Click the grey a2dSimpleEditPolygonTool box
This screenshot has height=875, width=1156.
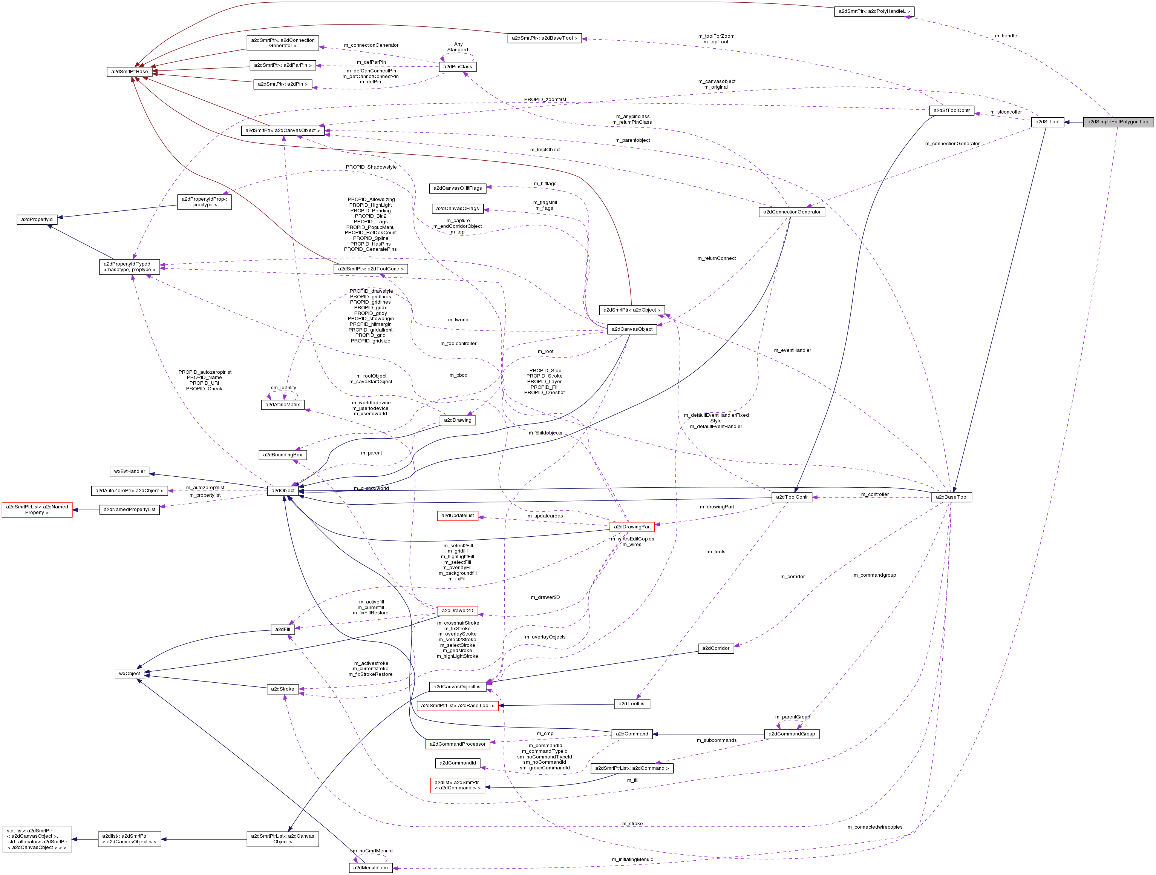(1118, 122)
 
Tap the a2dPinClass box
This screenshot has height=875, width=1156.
(457, 67)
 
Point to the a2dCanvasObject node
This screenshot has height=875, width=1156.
(632, 329)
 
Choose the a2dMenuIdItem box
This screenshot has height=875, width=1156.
(370, 868)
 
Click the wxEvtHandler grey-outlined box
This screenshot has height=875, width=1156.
(130, 471)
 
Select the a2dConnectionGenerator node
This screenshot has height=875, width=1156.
(791, 212)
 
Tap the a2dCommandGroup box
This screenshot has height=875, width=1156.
(791, 734)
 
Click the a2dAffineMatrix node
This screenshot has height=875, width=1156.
(282, 404)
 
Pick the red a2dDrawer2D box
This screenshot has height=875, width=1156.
(457, 610)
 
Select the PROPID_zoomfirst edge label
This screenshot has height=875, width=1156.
(545, 99)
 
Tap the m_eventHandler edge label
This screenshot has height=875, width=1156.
(792, 350)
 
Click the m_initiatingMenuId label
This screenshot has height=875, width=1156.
(632, 859)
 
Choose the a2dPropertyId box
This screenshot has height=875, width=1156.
(37, 220)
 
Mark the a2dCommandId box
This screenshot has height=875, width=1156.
(457, 763)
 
